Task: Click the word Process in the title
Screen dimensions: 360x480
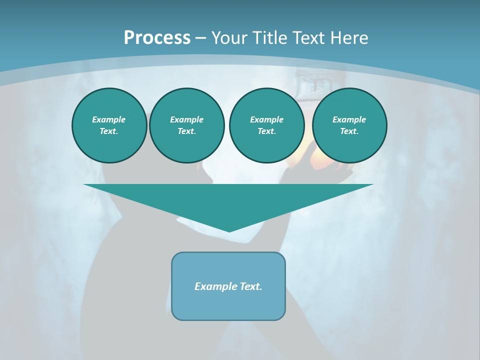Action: click(x=157, y=38)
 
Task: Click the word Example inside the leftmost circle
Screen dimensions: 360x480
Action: click(x=109, y=119)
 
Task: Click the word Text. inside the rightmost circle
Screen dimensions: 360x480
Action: click(x=349, y=131)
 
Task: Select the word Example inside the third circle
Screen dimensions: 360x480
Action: click(x=266, y=119)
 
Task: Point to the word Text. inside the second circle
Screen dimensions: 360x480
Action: click(x=187, y=131)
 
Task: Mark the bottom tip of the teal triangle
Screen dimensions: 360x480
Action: click(x=229, y=230)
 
